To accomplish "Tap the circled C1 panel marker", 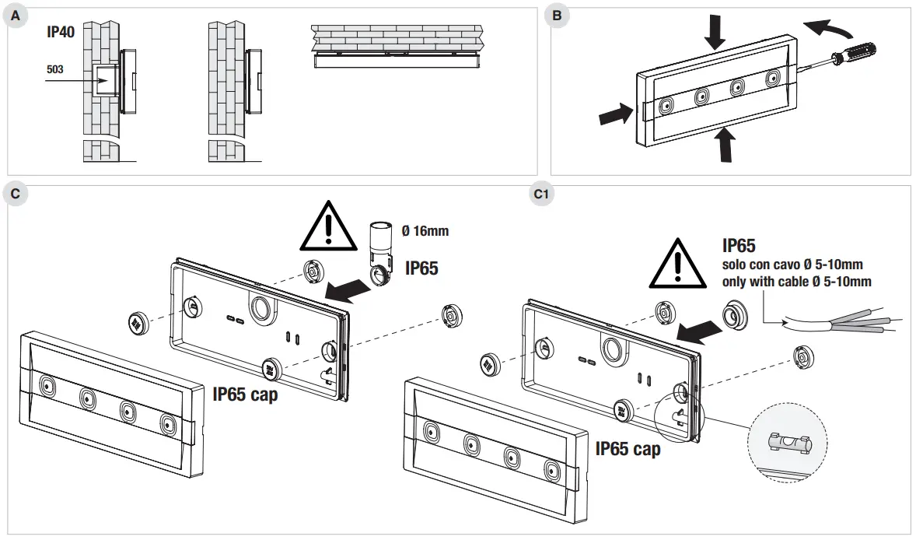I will (541, 194).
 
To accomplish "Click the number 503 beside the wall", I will (55, 69).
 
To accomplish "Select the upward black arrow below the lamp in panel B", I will (725, 145).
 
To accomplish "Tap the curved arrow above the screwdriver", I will (826, 28).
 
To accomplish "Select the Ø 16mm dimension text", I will (425, 231).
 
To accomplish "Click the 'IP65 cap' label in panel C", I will (245, 394).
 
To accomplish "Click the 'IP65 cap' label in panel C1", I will (628, 449).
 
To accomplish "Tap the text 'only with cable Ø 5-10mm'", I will (796, 282).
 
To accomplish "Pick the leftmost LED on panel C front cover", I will (47, 386).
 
